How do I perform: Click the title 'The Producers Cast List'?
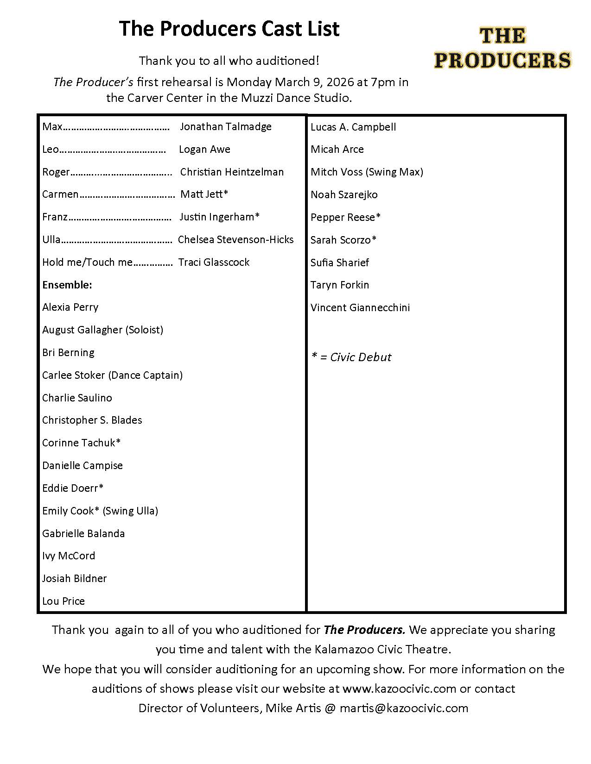[229, 29]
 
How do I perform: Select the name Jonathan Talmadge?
[225, 126]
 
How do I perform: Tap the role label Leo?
[51, 149]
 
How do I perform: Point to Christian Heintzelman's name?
[232, 172]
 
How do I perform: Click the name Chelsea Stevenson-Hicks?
[235, 239]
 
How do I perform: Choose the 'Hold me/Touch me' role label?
[87, 262]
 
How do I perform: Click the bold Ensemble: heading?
[67, 285]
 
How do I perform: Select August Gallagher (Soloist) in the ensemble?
[102, 330]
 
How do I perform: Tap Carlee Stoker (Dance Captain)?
[112, 375]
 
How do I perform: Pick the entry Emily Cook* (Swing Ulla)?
[100, 511]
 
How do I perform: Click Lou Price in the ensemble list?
[64, 601]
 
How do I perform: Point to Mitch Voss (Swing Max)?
[367, 172]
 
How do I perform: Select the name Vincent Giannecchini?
[360, 307]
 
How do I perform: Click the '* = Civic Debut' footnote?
[351, 357]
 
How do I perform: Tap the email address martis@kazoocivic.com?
[404, 708]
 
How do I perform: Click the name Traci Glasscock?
[214, 262]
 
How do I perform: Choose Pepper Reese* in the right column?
[345, 217]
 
